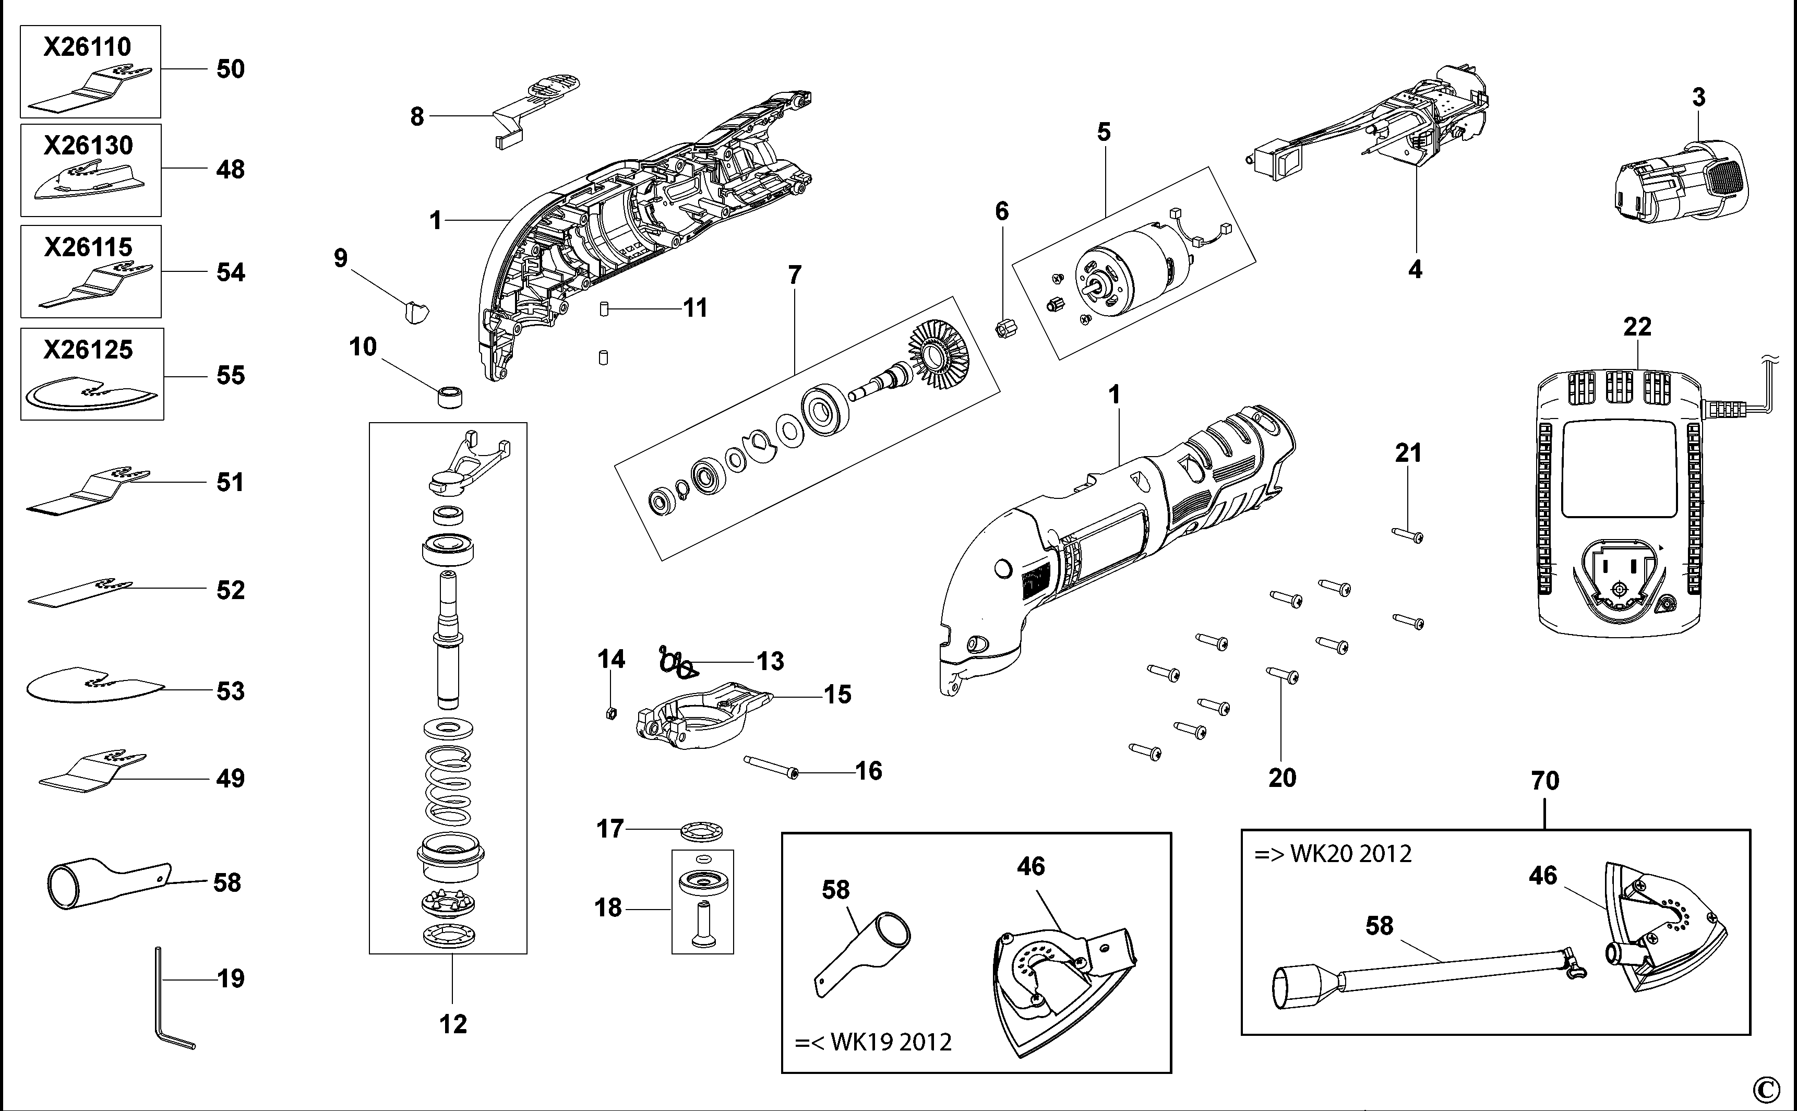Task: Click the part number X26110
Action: [x=88, y=47]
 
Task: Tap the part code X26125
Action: [x=88, y=350]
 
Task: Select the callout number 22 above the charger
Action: [x=1637, y=326]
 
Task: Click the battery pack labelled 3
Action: [x=1682, y=184]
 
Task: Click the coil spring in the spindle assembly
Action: [x=448, y=785]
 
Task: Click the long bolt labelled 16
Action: [x=771, y=767]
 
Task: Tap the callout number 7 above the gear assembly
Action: [x=794, y=275]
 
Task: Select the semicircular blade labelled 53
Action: [x=92, y=686]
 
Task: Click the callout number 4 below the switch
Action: [x=1415, y=270]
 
